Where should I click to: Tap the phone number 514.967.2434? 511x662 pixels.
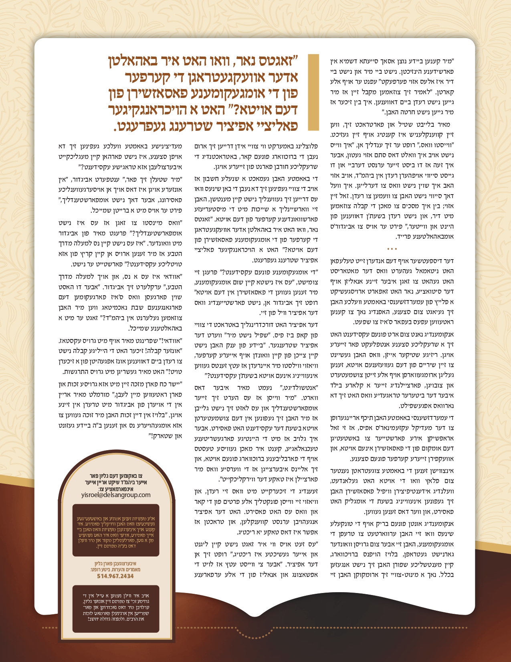point(115,576)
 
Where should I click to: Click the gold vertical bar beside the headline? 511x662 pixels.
point(313,92)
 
